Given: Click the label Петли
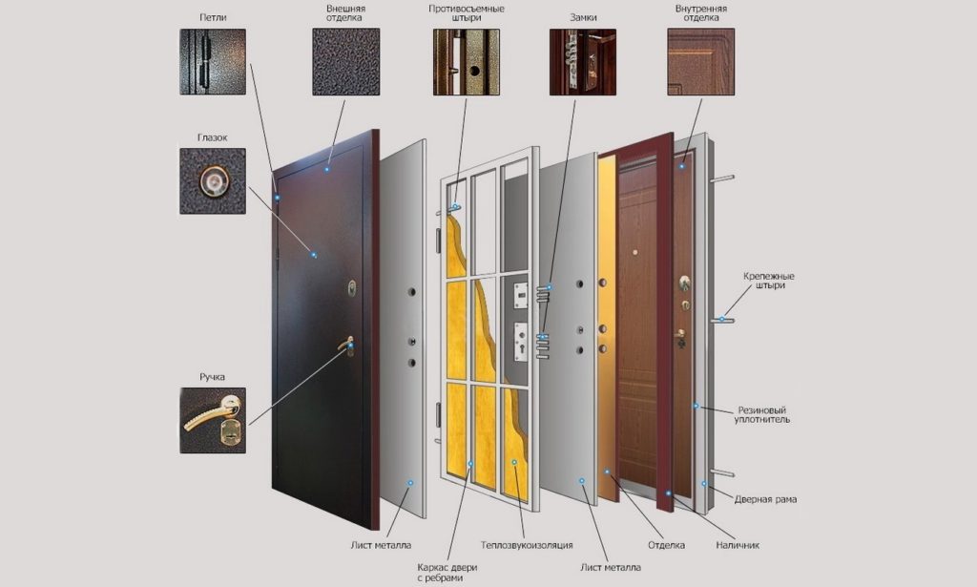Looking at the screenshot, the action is click(213, 17).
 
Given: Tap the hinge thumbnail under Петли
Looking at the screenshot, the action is click(213, 62).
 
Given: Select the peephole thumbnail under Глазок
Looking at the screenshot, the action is click(213, 180).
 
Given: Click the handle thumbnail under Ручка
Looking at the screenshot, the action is click(213, 420).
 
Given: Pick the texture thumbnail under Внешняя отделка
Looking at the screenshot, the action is click(345, 62).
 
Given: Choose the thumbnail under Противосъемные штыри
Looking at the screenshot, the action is click(466, 62).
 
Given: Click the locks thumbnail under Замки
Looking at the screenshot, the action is click(583, 62).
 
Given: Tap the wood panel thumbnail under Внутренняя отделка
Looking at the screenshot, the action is click(701, 62).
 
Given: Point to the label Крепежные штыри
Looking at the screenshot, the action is click(769, 281).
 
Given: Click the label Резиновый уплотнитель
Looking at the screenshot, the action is click(762, 414).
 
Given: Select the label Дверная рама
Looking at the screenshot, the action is click(765, 499).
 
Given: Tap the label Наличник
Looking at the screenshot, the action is click(738, 545).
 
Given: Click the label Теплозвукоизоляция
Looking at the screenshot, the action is click(527, 545).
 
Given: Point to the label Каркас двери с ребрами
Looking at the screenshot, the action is click(447, 573).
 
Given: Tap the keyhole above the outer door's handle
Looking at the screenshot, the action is click(352, 288).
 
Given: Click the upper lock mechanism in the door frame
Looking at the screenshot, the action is click(520, 296).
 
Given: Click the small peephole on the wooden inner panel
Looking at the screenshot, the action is click(634, 253).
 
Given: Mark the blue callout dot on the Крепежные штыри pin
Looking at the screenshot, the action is click(722, 319).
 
